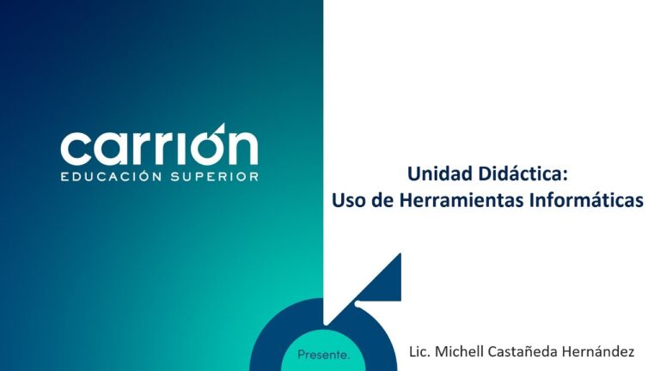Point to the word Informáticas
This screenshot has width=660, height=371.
(x=586, y=200)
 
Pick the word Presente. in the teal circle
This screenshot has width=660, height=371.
(x=323, y=355)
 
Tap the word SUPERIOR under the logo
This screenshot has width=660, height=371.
(x=215, y=176)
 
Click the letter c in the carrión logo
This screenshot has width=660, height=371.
(x=76, y=149)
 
